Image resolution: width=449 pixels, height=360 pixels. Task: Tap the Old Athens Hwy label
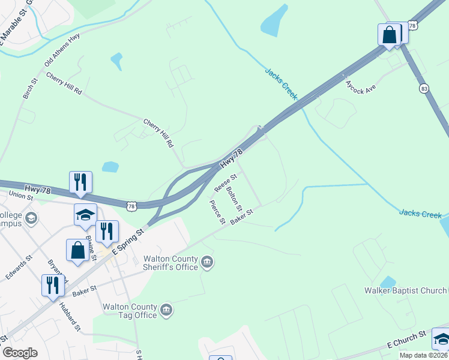[62, 50]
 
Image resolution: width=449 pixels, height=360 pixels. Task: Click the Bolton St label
[234, 199]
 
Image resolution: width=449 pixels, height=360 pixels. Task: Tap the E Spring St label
[130, 241]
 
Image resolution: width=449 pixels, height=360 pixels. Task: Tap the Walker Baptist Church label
[406, 291]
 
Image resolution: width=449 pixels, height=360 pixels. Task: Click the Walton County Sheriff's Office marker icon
[207, 261]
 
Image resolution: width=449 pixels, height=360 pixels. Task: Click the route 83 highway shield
[425, 88]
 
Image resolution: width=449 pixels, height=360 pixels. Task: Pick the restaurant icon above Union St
[80, 181]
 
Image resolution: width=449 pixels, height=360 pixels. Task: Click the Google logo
[20, 353]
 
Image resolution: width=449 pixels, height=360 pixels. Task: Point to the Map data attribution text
[424, 355]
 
